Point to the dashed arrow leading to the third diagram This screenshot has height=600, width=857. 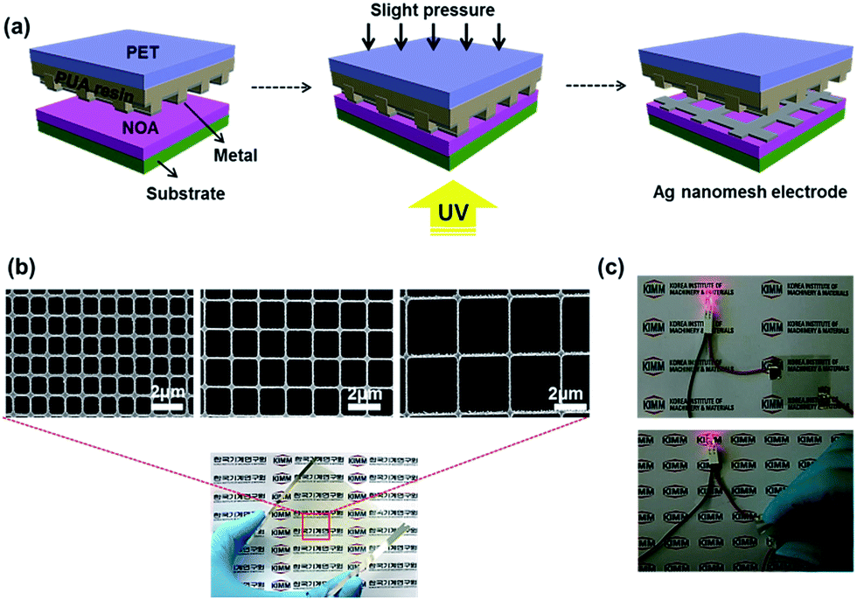[596, 87]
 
